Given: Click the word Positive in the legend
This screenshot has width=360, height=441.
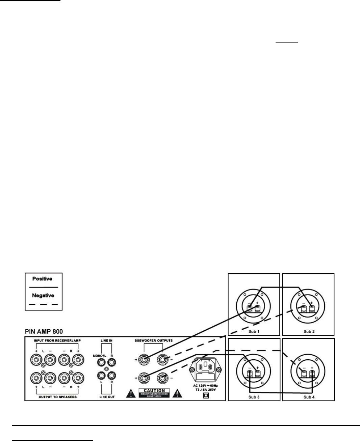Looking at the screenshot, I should point(42,279).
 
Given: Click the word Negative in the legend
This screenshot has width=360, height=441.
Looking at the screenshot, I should point(43,296).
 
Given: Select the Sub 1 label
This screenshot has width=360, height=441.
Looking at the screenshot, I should point(254,331).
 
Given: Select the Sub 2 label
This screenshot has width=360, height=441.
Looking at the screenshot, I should point(309,331).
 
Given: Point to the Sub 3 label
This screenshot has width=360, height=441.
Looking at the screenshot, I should point(254,397).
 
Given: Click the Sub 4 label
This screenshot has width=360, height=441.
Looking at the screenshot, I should point(309,397).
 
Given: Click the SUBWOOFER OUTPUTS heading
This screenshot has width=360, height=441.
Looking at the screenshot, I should point(154,340).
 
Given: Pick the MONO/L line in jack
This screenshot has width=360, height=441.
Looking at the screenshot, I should point(101,362).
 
